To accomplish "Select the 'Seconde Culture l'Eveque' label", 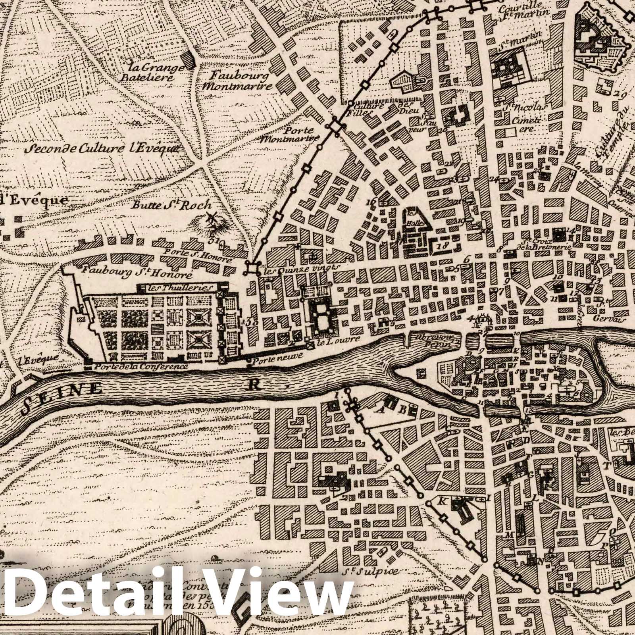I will (x=102, y=149).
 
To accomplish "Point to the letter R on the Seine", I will (x=253, y=383).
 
